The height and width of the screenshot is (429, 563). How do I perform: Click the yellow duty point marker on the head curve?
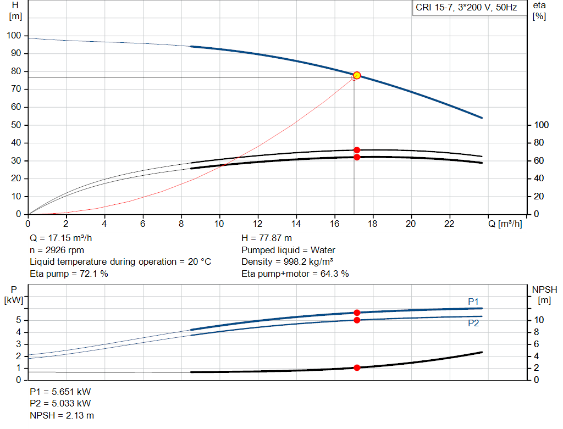pyautogui.click(x=357, y=75)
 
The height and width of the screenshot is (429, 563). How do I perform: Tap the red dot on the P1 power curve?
pyautogui.click(x=357, y=313)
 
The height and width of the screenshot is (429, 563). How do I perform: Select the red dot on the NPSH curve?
pyautogui.click(x=357, y=367)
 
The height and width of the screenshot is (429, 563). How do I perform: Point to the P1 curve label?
pyautogui.click(x=473, y=302)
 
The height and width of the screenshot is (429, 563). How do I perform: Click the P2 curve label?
pyautogui.click(x=473, y=323)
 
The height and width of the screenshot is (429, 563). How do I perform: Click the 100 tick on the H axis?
pyautogui.click(x=14, y=36)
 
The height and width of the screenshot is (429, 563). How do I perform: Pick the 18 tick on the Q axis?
pyautogui.click(x=372, y=224)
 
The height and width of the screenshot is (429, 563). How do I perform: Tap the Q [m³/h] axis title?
pyautogui.click(x=505, y=224)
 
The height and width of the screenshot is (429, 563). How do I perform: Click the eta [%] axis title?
pyautogui.click(x=539, y=11)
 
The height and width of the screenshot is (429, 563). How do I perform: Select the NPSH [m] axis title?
pyautogui.click(x=544, y=294)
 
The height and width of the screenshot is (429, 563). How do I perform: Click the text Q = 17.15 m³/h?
pyautogui.click(x=60, y=238)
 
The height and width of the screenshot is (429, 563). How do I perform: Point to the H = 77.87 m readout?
pyautogui.click(x=267, y=238)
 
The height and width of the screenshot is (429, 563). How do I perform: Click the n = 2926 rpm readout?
pyautogui.click(x=57, y=250)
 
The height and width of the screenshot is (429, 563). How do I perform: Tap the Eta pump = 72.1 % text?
pyautogui.click(x=69, y=274)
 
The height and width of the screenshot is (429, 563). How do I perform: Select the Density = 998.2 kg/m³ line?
pyautogui.click(x=287, y=262)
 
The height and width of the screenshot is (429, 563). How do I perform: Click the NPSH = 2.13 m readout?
pyautogui.click(x=62, y=415)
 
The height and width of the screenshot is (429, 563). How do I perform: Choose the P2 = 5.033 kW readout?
pyautogui.click(x=60, y=403)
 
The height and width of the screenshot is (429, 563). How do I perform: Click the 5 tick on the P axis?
pyautogui.click(x=19, y=320)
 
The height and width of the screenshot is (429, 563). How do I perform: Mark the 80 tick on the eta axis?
pyautogui.click(x=539, y=143)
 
